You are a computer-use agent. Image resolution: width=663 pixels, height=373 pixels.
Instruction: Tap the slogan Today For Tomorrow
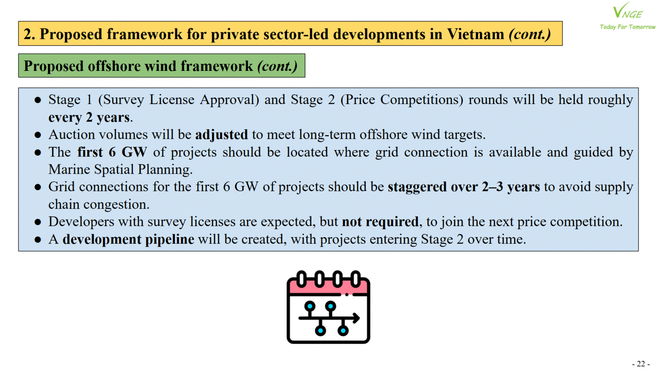pos(627,27)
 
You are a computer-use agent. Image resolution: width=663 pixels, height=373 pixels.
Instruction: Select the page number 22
pos(641,363)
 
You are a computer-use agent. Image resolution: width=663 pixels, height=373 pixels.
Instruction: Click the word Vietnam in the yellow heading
pos(475,34)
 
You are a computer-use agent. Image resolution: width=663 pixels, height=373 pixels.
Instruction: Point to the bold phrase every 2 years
pos(89,118)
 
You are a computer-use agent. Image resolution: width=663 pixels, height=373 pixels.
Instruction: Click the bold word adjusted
pos(221,135)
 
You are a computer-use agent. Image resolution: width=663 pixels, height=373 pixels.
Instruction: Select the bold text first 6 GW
pos(112,152)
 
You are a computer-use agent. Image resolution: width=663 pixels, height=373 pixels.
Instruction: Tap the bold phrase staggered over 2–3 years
pos(464,187)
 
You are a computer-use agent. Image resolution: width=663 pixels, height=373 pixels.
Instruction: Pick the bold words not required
pos(380,222)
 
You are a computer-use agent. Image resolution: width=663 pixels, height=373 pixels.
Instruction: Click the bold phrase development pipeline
pos(128,239)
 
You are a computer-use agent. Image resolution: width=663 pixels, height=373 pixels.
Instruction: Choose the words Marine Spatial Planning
pos(120,170)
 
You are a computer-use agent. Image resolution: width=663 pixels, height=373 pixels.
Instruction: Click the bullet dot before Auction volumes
pos(38,135)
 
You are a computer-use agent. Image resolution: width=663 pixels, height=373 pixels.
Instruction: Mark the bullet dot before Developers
pos(38,222)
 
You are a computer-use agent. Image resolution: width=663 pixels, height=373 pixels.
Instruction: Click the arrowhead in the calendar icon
pos(356,318)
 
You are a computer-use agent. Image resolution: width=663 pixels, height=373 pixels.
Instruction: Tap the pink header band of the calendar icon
pos(328,286)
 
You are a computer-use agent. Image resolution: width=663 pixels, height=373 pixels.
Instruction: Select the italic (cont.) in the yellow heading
pos(530,34)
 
